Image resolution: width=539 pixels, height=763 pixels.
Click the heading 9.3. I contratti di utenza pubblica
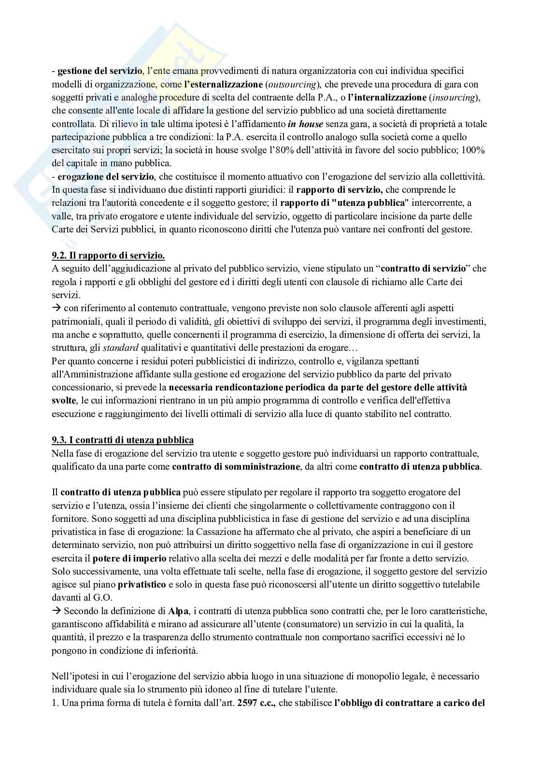(123, 440)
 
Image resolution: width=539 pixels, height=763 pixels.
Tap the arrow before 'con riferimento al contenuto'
(56, 308)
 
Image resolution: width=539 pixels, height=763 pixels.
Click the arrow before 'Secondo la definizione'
(56, 611)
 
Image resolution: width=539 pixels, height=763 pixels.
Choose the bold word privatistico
(142, 584)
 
